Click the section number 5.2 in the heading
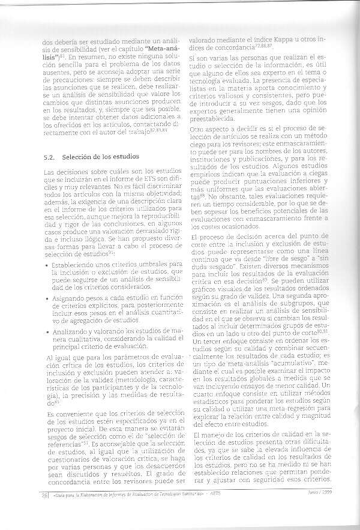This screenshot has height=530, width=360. point(50,157)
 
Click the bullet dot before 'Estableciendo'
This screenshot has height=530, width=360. point(47,265)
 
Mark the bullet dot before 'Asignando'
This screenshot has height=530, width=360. point(47,298)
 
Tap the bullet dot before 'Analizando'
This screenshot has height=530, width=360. point(47,330)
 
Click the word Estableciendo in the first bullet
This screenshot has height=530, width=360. point(74,265)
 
